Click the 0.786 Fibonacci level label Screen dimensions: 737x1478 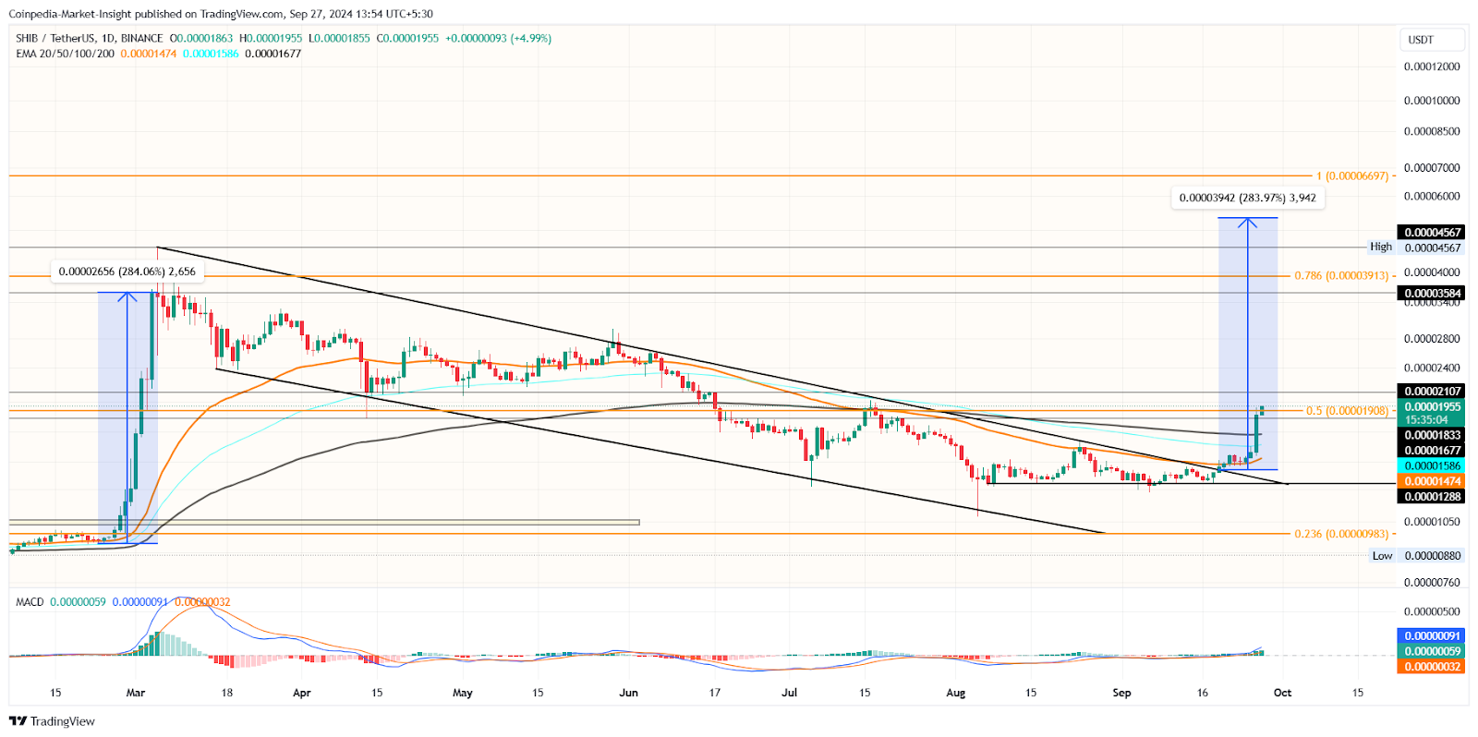pos(1341,276)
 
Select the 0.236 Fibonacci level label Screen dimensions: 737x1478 pos(1341,534)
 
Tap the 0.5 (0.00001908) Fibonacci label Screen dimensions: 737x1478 pos(1347,411)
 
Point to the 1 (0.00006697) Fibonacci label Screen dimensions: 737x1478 pos(1352,175)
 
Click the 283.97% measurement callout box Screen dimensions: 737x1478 pos(1247,198)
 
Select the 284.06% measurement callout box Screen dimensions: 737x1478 pos(127,272)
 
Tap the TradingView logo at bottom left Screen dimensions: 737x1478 pos(52,721)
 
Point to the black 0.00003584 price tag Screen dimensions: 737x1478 pos(1431,294)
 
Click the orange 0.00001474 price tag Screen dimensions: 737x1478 pos(1431,481)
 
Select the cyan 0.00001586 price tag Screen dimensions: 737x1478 pos(1431,466)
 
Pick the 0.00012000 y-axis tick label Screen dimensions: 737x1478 pos(1431,66)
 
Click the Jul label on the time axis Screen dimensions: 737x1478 pos(789,693)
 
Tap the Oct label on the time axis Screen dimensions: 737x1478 pos(1282,693)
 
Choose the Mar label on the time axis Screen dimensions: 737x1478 pos(136,693)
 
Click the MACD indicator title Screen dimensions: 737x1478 pos(30,602)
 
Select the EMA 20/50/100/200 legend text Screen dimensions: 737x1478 pos(65,54)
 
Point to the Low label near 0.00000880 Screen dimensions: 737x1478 pos(1382,556)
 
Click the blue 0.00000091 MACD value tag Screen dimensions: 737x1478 pos(1431,636)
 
